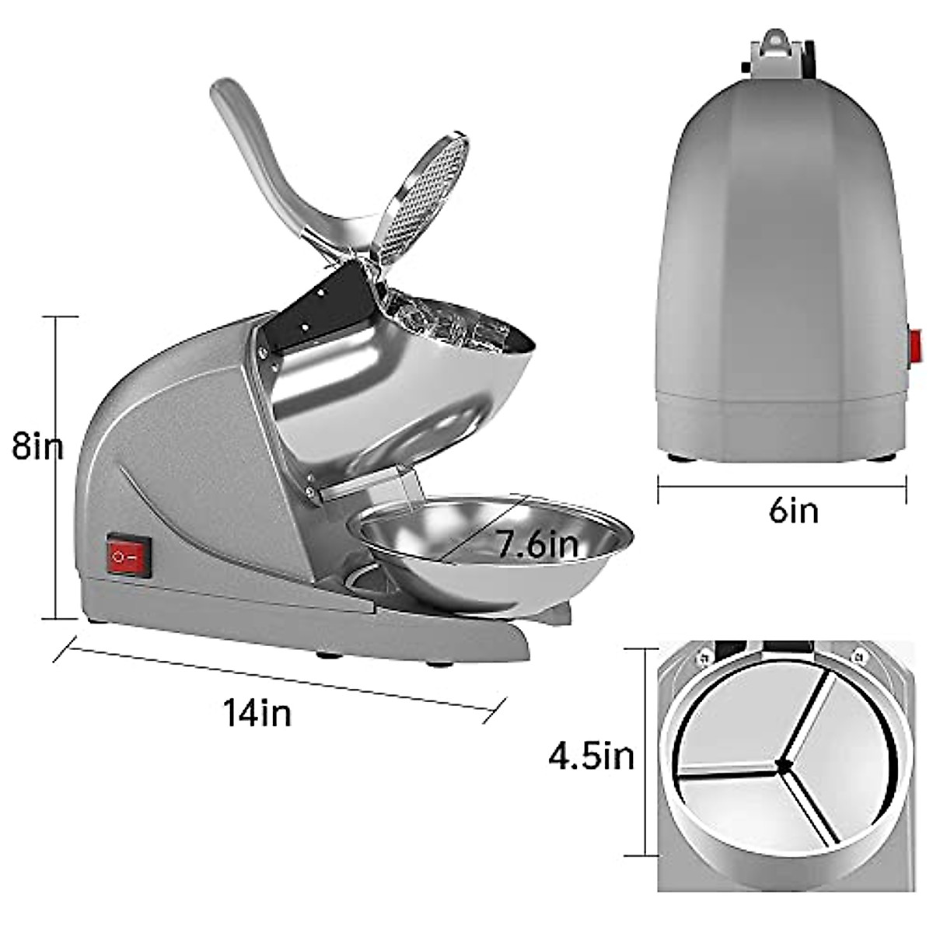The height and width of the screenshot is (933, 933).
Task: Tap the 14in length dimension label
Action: click(x=257, y=711)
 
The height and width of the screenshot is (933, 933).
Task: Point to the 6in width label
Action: click(x=793, y=511)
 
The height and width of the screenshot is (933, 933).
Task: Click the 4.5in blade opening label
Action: click(x=592, y=755)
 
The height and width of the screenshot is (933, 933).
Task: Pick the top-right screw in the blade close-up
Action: click(x=858, y=655)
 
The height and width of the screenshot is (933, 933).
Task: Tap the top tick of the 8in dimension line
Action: click(x=59, y=317)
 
